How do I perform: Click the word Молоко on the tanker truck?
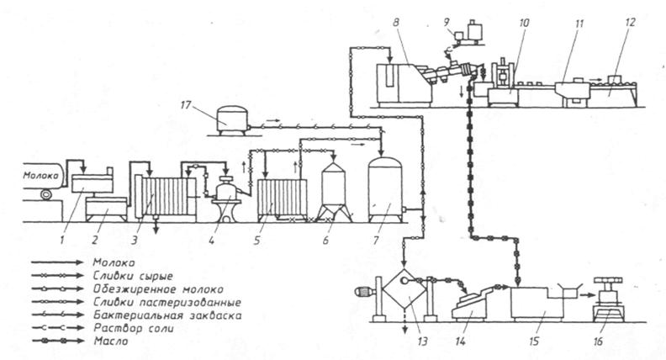[43, 175]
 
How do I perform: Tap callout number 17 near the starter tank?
[186, 104]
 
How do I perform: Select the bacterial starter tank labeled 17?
[232, 120]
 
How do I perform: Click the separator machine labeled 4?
[228, 199]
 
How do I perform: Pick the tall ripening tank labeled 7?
[385, 189]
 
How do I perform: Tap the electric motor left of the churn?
[365, 292]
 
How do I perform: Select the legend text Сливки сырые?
[133, 276]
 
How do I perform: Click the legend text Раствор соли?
[134, 328]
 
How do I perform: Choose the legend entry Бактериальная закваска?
[167, 315]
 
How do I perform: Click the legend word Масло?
[110, 341]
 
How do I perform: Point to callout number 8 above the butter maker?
[396, 23]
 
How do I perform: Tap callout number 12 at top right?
[630, 22]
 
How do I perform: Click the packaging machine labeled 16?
[609, 299]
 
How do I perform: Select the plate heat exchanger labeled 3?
[165, 197]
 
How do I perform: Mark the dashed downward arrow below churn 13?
[405, 323]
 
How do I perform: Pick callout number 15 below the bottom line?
[533, 341]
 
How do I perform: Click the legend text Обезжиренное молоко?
[158, 289]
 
